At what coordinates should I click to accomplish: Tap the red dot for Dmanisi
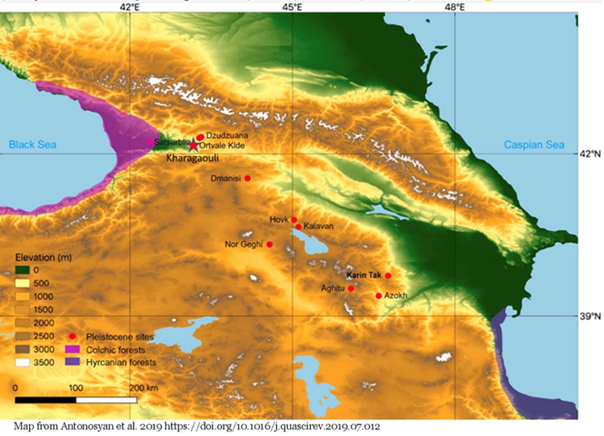[248, 178]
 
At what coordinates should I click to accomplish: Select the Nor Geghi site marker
[270, 244]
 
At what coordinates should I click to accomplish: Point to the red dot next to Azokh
[378, 295]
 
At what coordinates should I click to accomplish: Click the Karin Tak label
[364, 275]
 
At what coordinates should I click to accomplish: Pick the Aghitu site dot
[351, 288]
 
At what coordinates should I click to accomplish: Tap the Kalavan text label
[318, 226]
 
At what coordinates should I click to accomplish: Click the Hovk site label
[278, 219]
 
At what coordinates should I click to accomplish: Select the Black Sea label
[32, 145]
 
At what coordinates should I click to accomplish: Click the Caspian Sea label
[534, 145]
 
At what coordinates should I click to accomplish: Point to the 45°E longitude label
[292, 8]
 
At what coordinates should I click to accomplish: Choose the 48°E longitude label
[455, 8]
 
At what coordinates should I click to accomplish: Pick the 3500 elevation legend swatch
[23, 362]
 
